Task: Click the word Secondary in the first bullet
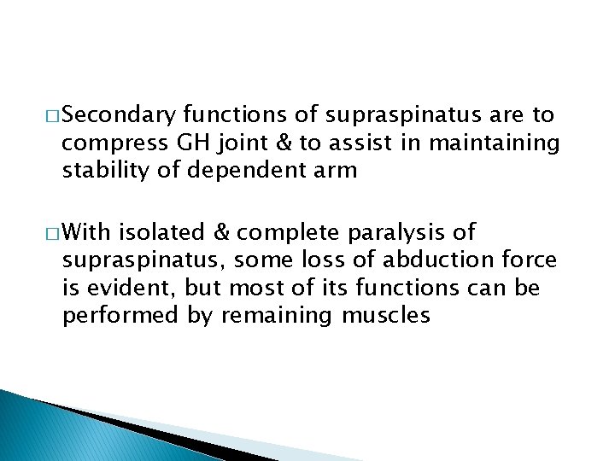(x=120, y=115)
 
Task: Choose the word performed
(x=117, y=316)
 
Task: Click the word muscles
(x=384, y=316)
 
